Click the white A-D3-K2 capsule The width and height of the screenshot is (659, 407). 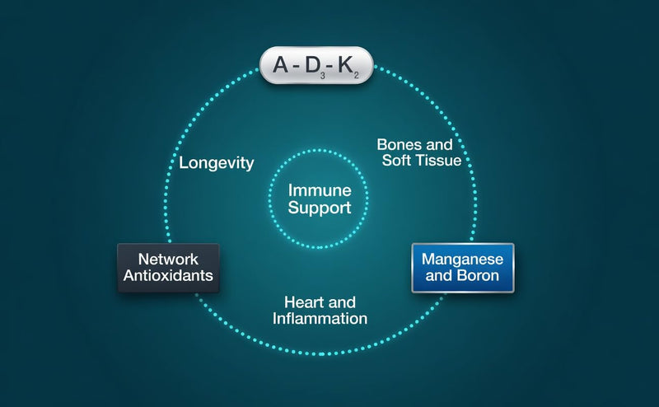pos(316,65)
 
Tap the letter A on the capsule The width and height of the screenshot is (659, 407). pos(281,65)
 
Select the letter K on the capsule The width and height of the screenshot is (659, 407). pos(346,65)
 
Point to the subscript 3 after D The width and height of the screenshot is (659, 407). pos(323,76)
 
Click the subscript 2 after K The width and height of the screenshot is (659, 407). pos(356,76)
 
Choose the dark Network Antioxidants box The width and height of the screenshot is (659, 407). pos(169,268)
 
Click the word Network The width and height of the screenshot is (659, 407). pos(168,259)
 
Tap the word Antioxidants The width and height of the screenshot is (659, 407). pos(168,275)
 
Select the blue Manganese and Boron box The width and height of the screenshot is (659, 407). pos(463,268)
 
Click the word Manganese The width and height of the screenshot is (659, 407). pos(462,259)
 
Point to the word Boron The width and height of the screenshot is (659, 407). pos(479,275)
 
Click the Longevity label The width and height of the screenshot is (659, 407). pos(217,163)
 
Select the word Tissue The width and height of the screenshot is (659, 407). pos(441,160)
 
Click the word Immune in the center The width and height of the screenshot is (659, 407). pos(320,190)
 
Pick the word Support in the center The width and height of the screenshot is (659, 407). pos(320,208)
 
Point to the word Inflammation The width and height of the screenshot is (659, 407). pos(320,318)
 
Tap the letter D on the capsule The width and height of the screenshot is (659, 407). pos(313,65)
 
